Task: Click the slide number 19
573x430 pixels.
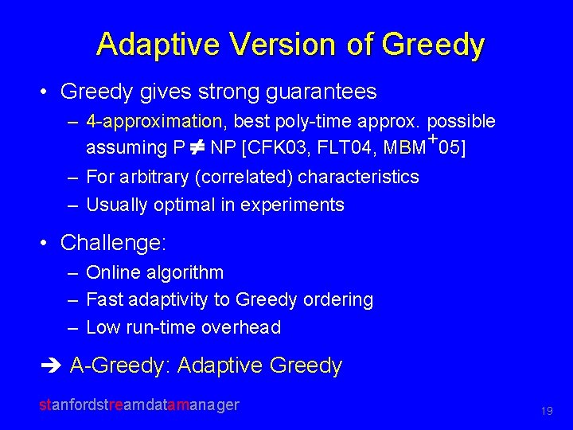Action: (547, 411)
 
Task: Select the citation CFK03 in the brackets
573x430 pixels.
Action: (274, 147)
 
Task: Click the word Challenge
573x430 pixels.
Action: (111, 241)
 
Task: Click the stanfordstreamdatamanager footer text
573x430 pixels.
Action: (139, 405)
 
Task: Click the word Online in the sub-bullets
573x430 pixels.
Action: (109, 272)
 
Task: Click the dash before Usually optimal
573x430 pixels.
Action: (72, 205)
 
